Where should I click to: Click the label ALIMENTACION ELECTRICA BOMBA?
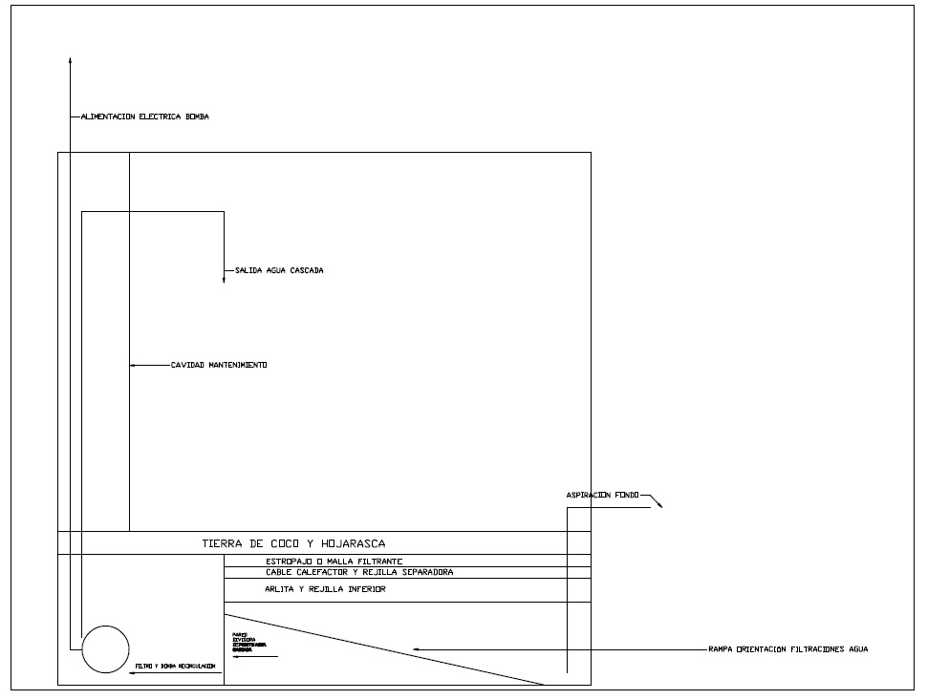(144, 117)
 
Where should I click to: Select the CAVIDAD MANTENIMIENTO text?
(219, 365)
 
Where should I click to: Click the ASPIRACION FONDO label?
(602, 495)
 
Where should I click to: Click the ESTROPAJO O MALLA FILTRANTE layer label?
(334, 561)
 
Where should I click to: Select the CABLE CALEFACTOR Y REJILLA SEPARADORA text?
(359, 572)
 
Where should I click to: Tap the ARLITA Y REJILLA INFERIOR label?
(325, 589)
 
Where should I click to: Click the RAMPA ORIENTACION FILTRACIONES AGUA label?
(788, 649)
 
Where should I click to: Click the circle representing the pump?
(105, 649)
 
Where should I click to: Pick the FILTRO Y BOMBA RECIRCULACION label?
(176, 665)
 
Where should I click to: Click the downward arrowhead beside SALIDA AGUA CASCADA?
(224, 279)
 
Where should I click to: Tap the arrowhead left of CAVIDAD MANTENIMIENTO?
(134, 365)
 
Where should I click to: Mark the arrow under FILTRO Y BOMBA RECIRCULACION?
(134, 673)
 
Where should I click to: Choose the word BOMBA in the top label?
(197, 117)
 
